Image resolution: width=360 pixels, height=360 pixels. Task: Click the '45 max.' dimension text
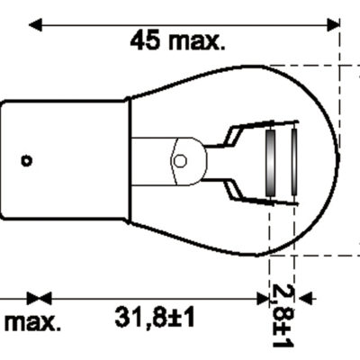coord(178,40)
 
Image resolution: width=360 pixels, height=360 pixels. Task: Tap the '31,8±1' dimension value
coord(157,318)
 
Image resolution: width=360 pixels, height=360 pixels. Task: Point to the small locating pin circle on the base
coord(26,161)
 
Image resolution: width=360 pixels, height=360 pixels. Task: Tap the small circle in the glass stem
coord(179,161)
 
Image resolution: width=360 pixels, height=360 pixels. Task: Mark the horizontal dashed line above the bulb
coord(306,65)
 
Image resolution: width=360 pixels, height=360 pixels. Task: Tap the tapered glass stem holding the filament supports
coord(162,161)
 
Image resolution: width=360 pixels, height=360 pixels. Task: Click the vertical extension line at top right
coord(340,36)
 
